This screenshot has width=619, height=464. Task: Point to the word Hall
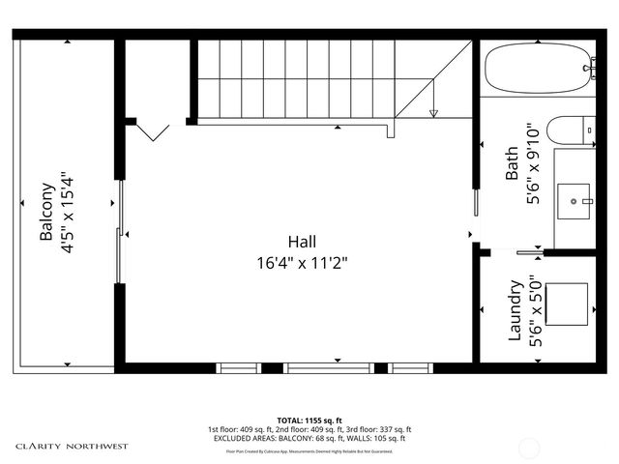click(301, 242)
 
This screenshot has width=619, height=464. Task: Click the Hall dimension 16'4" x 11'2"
click(303, 261)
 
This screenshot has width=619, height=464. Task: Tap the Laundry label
click(515, 310)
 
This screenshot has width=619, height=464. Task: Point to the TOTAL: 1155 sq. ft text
click(309, 420)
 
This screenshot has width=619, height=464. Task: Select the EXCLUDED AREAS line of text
click(309, 438)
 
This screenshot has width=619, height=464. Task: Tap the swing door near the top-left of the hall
click(150, 130)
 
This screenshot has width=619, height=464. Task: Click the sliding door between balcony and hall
click(120, 232)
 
